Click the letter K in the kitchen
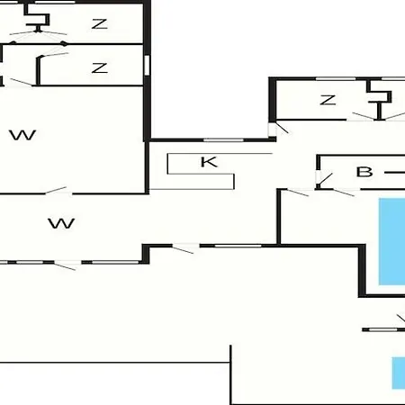[x=209, y=162]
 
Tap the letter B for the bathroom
[x=364, y=172]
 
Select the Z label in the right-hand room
[x=328, y=100]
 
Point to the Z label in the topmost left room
[x=100, y=24]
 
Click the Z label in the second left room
[x=100, y=68]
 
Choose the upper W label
[x=22, y=135]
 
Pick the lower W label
[x=61, y=223]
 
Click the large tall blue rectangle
[x=391, y=241]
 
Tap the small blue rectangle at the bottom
[x=399, y=373]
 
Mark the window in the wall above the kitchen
[x=223, y=140]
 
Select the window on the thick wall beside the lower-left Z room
[x=147, y=65]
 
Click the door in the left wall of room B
[x=324, y=179]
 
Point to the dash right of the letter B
[x=395, y=173]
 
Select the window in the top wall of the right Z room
[x=336, y=79]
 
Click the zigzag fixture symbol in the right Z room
[x=379, y=99]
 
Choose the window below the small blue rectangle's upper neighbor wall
[x=382, y=329]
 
